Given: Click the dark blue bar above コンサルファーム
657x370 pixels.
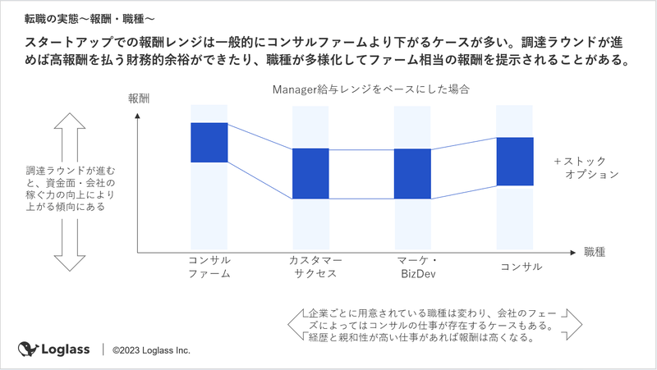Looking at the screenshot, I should (x=209, y=142).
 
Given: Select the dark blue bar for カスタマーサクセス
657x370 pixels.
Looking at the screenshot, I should (x=310, y=173).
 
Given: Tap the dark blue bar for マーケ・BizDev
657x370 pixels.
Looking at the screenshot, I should (x=412, y=173).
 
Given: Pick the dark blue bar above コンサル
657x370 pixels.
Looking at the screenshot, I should (x=515, y=161).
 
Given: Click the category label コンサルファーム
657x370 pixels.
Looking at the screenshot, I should (x=209, y=267).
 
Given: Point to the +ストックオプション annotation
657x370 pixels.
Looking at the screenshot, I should (x=586, y=168).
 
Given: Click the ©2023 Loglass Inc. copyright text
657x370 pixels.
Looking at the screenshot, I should (x=151, y=350).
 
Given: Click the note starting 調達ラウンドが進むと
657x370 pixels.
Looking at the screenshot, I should (x=71, y=189).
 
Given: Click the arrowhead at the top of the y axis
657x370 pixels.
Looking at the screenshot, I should (x=137, y=116).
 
